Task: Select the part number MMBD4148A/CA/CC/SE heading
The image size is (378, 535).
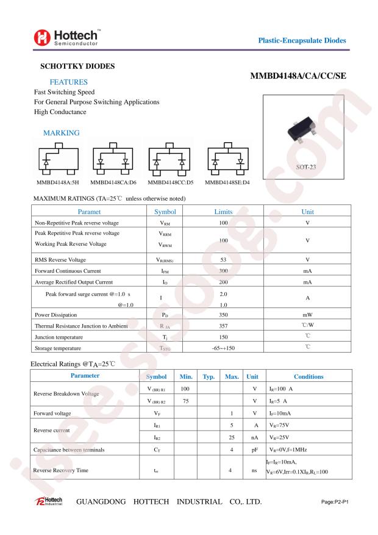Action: pos(298,77)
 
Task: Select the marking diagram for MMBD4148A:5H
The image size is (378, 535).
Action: pos(56,160)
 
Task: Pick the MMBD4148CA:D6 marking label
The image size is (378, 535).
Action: pos(114,182)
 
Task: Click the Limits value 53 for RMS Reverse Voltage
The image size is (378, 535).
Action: pos(223,259)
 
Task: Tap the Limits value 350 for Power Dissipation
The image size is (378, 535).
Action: pos(223,315)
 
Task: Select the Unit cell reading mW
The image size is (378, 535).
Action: pos(307,315)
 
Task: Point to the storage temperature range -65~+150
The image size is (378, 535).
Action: pos(223,348)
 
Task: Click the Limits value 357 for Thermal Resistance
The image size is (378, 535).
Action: pos(223,326)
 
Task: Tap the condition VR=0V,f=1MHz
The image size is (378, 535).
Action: pos(291,450)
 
